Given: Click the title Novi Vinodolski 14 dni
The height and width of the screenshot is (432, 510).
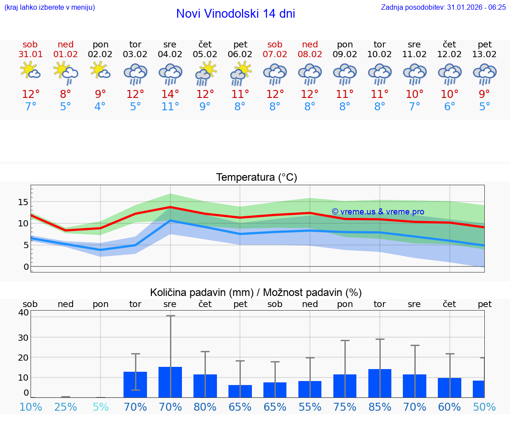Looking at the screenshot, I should click(x=236, y=14).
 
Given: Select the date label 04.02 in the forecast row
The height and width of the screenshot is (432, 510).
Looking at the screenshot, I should click(x=170, y=54).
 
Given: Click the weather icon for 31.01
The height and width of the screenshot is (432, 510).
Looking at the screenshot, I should click(x=30, y=71).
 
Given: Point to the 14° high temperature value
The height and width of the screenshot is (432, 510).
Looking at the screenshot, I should click(x=170, y=94).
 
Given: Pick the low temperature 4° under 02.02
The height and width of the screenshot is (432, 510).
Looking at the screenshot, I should click(x=100, y=107).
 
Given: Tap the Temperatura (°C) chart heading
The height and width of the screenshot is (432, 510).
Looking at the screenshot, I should click(x=256, y=178).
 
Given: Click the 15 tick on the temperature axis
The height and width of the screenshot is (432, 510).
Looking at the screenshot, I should click(x=23, y=202).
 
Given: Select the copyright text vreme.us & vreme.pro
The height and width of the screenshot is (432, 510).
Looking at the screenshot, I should click(x=378, y=212).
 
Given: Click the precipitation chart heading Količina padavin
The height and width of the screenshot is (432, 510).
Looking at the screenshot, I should click(x=256, y=292).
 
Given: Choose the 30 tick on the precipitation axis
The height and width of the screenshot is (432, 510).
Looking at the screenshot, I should click(x=23, y=337).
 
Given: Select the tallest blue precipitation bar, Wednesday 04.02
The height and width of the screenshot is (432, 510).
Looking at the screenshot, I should click(x=170, y=382).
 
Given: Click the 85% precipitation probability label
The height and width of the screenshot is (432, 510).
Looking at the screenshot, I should click(x=380, y=407).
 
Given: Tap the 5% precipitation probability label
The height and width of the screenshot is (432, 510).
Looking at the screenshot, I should click(x=100, y=407).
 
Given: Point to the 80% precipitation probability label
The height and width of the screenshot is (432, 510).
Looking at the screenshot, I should click(x=205, y=407).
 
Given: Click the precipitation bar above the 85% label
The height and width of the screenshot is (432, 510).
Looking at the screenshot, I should click(x=380, y=383).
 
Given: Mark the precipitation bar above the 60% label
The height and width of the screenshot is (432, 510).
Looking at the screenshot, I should click(x=449, y=388).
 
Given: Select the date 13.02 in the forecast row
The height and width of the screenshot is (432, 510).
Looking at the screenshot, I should click(x=485, y=54).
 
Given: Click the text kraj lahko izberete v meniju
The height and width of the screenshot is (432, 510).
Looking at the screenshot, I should click(x=50, y=7).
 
